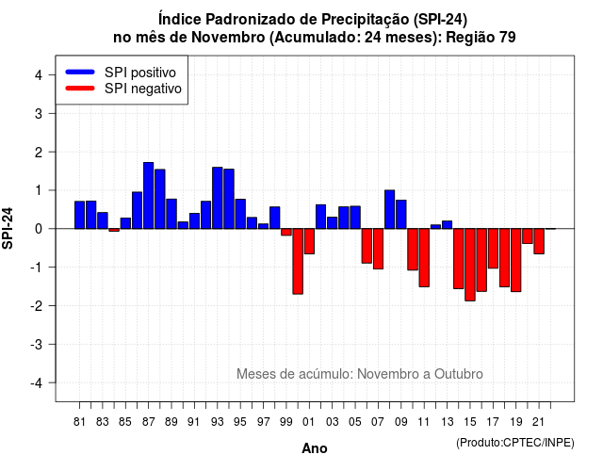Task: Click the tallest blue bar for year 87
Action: tap(149, 196)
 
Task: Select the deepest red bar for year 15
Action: tap(470, 265)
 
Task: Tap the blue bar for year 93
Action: tap(218, 198)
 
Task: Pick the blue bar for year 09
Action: tap(401, 215)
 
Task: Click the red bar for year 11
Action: tap(424, 257)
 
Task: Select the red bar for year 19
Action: tap(516, 260)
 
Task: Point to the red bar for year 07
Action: tap(378, 249)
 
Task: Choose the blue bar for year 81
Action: tap(79, 215)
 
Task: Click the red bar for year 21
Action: tap(539, 241)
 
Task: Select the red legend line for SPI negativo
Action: tap(80, 89)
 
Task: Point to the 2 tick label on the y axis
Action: tap(39, 153)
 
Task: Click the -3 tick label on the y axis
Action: tap(36, 345)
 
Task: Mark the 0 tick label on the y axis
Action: tap(39, 229)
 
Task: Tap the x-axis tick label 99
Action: tap(286, 422)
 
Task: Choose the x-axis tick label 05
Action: tap(355, 422)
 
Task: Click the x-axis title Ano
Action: tap(315, 448)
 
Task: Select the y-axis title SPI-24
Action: tap(8, 228)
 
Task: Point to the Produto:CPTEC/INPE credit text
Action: tap(515, 443)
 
